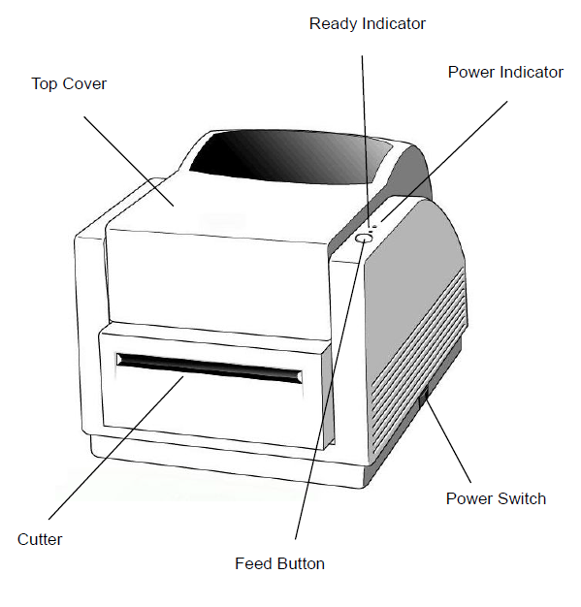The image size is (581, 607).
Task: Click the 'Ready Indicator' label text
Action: pyautogui.click(x=368, y=24)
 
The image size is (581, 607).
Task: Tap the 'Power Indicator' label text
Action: pyautogui.click(x=505, y=72)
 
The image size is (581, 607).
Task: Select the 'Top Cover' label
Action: pyautogui.click(x=69, y=83)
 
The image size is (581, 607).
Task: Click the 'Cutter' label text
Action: pyautogui.click(x=40, y=539)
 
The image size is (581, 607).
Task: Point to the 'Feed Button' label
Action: pyautogui.click(x=279, y=563)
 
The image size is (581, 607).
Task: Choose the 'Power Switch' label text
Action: pyautogui.click(x=496, y=498)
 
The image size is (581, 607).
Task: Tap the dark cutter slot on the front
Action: pyautogui.click(x=210, y=368)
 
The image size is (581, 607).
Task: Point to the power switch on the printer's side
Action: pyautogui.click(x=425, y=399)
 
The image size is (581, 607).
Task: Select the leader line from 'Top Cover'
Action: pyautogui.click(x=129, y=161)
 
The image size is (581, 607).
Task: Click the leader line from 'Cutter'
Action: pyautogui.click(x=115, y=448)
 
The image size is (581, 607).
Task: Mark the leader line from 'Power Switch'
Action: pyautogui.click(x=448, y=442)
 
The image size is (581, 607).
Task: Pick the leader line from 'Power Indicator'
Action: pyautogui.click(x=444, y=161)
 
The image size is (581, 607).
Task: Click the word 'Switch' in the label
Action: pyautogui.click(x=522, y=498)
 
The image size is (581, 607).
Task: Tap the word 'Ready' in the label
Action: pyautogui.click(x=333, y=25)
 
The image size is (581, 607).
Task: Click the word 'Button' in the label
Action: pyautogui.click(x=302, y=563)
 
